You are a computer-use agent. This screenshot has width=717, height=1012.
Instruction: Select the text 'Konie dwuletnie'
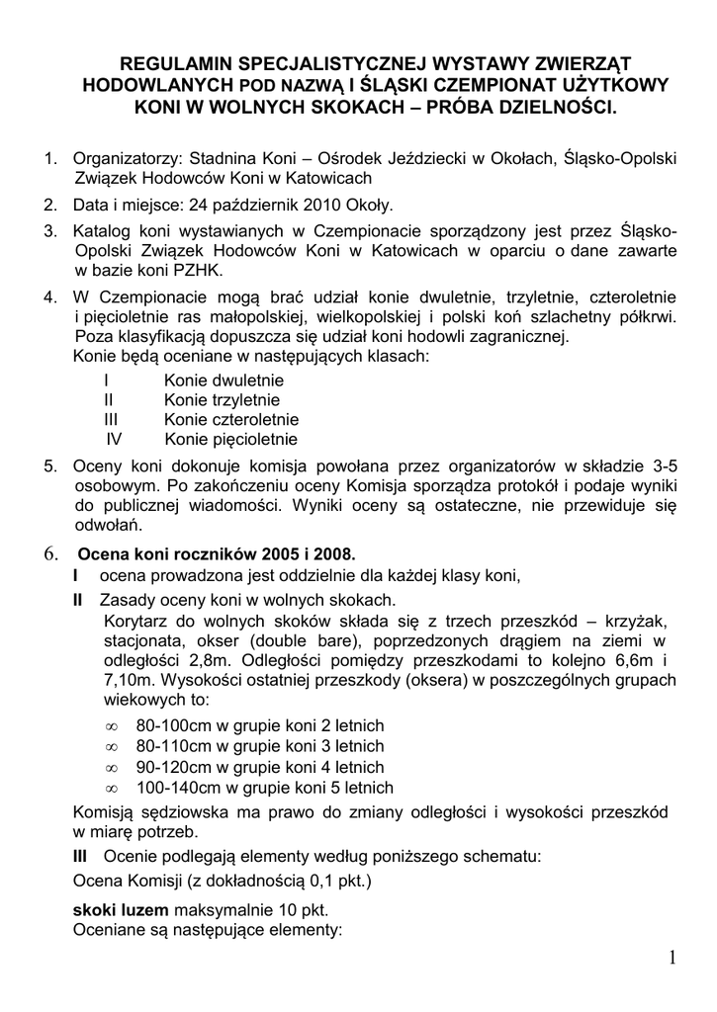click(224, 379)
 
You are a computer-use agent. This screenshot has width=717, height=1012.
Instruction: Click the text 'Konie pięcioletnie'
click(231, 440)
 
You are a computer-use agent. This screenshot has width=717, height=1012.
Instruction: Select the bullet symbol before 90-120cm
click(111, 767)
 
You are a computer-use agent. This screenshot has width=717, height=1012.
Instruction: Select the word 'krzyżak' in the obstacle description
click(642, 620)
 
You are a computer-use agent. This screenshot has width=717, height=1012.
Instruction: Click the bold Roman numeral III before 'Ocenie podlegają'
click(82, 853)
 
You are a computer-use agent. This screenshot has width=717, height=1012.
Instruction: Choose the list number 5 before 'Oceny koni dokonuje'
click(49, 465)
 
